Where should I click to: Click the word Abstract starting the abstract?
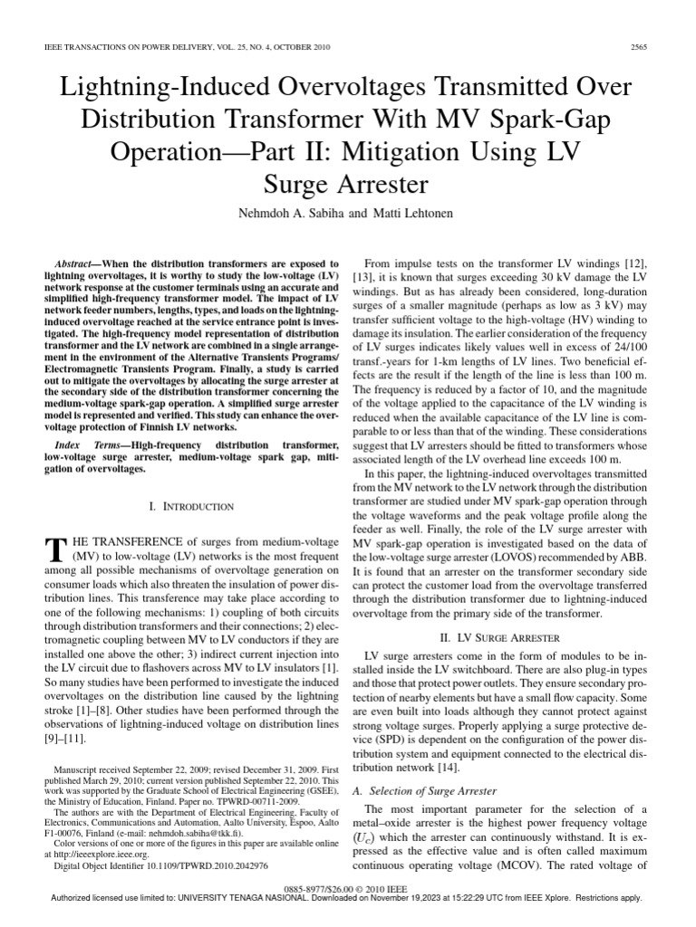click(77, 259)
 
